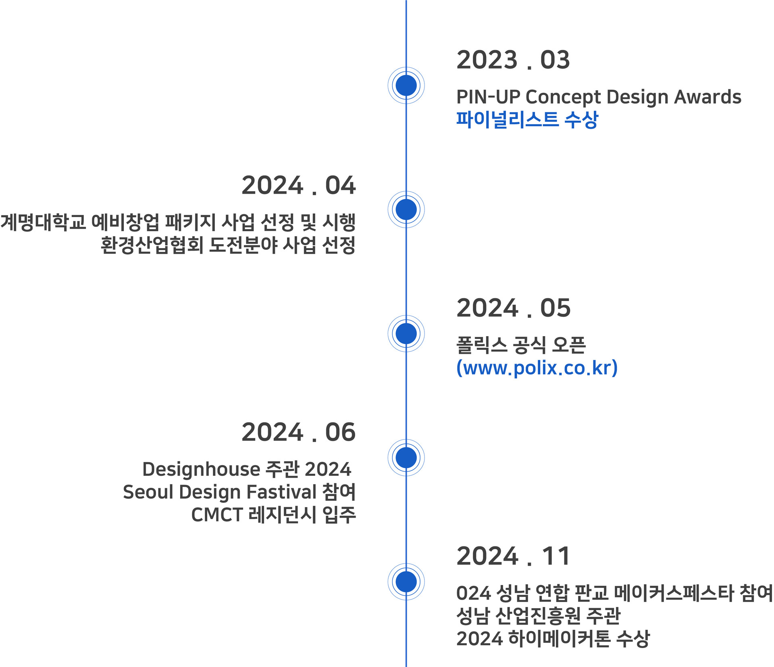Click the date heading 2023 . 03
pos(513,60)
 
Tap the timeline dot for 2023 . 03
pos(406,86)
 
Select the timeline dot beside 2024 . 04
pos(406,209)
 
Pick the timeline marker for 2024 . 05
pos(406,334)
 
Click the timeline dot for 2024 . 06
pos(406,458)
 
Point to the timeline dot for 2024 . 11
pos(406,581)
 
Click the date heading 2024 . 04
pos(298,186)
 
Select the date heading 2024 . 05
pos(513,308)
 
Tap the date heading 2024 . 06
pos(298,432)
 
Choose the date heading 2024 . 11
pos(513,556)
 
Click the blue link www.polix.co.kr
pos(537,368)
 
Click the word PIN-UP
pos(488,97)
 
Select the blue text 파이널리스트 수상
pos(527,120)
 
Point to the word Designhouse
pos(201,470)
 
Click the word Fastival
pos(281,492)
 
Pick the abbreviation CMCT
pos(216,515)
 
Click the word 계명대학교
pos(43,222)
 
